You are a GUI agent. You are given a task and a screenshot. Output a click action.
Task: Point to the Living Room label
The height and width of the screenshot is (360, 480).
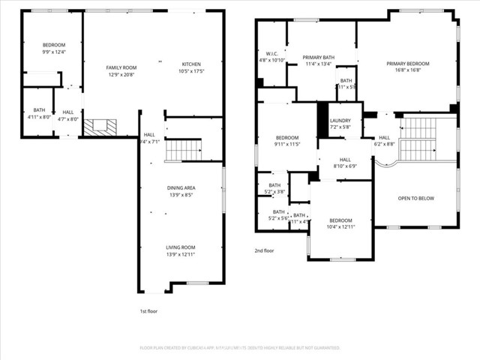click(180, 247)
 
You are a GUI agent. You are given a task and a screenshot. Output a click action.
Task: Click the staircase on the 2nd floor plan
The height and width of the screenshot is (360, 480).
click(418, 139)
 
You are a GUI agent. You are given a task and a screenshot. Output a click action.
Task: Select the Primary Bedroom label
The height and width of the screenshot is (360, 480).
click(408, 64)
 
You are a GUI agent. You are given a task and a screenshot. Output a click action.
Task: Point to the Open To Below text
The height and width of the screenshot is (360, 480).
click(415, 198)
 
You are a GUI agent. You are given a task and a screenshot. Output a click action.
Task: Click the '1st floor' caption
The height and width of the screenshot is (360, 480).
click(148, 310)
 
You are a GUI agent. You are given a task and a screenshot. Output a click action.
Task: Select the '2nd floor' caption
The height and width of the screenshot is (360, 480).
click(265, 250)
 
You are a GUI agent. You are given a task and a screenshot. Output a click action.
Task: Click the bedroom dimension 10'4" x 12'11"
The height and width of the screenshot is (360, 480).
click(340, 226)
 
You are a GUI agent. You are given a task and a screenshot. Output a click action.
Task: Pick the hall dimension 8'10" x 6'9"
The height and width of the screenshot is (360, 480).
click(345, 166)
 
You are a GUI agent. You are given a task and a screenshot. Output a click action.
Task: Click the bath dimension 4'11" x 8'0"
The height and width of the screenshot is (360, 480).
click(39, 117)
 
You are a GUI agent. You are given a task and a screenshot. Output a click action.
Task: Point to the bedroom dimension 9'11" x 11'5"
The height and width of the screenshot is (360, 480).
click(286, 144)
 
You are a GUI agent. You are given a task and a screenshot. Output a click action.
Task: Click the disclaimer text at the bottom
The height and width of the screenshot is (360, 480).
click(240, 348)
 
